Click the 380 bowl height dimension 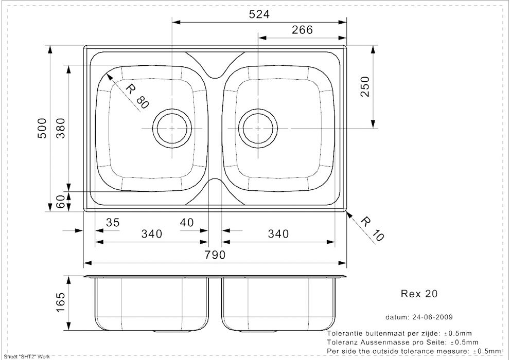point(61,128)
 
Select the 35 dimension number point(112,223)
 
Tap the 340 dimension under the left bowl point(151,235)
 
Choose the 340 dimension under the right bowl point(278,235)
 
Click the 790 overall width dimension point(215,255)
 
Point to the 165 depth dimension point(61,303)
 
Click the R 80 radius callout point(136,96)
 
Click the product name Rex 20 point(419,294)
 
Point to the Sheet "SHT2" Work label point(24,356)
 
